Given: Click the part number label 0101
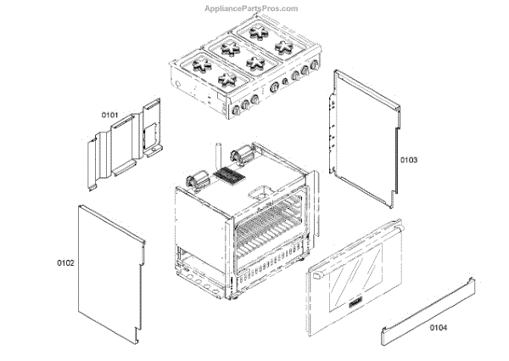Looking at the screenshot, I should pyautogui.click(x=110, y=115).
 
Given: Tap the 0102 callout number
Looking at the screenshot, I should pyautogui.click(x=65, y=262).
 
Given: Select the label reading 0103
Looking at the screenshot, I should pyautogui.click(x=410, y=159).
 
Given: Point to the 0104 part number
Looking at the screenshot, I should pyautogui.click(x=438, y=327).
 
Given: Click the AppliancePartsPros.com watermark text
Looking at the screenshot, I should pyautogui.click(x=252, y=8).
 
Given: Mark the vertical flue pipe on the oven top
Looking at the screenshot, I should pyautogui.click(x=218, y=157).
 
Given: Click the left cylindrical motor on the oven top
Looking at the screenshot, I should pyautogui.click(x=197, y=180).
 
